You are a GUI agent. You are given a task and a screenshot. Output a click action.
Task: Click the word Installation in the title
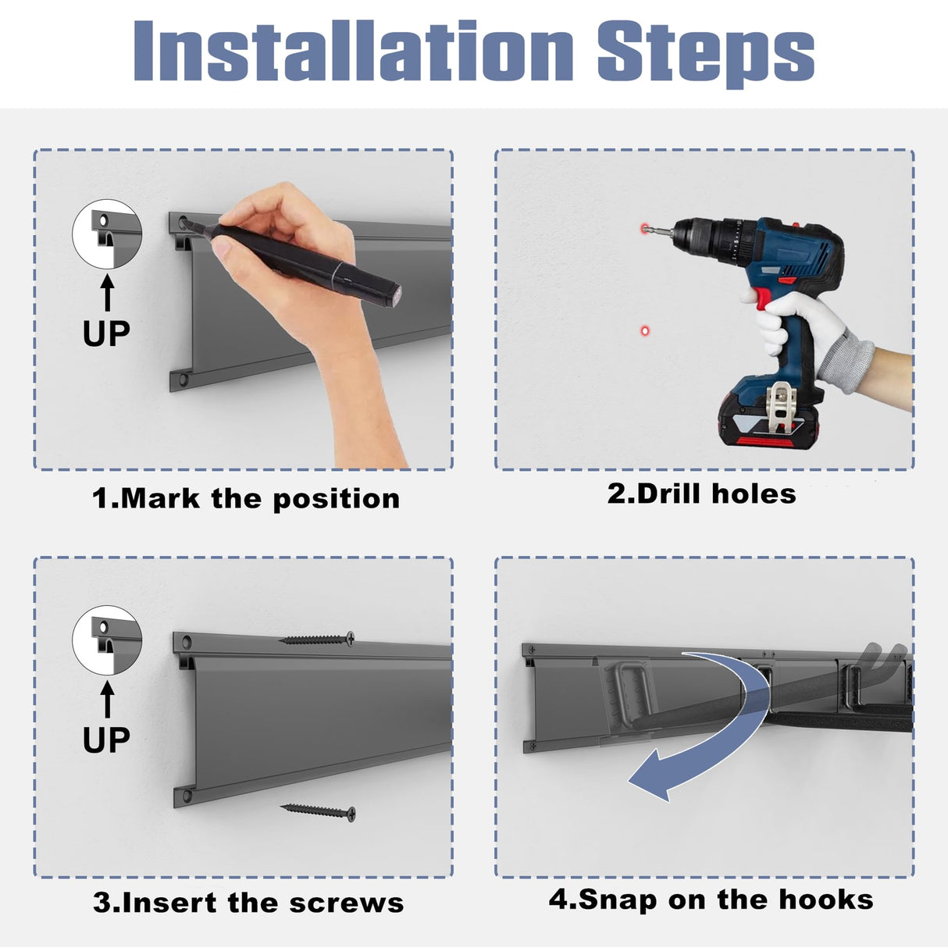click(x=353, y=50)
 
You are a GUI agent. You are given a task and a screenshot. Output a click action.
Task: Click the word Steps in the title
click(x=706, y=54)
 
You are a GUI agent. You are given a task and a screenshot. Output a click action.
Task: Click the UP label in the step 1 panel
click(x=106, y=333)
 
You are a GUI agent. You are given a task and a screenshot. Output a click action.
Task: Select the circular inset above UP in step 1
click(x=107, y=234)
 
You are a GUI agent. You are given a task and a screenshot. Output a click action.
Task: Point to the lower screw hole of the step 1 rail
click(x=183, y=380)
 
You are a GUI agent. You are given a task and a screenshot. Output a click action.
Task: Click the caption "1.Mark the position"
click(x=246, y=499)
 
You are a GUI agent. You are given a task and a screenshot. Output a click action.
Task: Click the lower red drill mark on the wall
click(x=645, y=331)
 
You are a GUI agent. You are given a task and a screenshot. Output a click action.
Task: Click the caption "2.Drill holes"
click(x=701, y=494)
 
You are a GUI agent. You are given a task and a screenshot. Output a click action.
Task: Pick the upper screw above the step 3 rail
click(x=316, y=640)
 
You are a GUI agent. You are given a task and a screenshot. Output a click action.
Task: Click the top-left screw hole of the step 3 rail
click(x=187, y=642)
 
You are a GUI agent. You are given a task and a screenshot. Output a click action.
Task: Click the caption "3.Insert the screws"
click(x=248, y=903)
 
